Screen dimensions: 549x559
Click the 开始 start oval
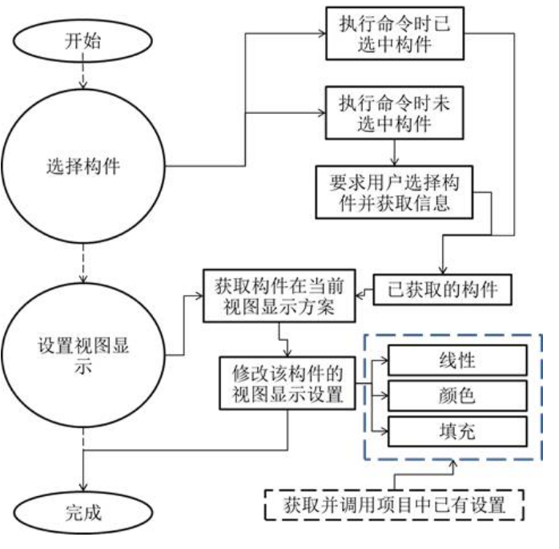pyautogui.click(x=83, y=41)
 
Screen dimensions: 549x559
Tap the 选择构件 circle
pyautogui.click(x=83, y=168)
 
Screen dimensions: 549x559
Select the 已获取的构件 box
pyautogui.click(x=441, y=290)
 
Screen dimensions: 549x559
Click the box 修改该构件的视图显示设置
pyautogui.click(x=288, y=382)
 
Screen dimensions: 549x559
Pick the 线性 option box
pyautogui.click(x=456, y=360)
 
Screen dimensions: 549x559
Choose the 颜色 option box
pyautogui.click(x=456, y=395)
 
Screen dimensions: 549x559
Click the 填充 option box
pyautogui.click(x=456, y=430)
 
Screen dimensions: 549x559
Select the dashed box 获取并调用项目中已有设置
pyautogui.click(x=393, y=507)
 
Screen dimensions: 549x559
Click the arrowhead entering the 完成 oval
pyautogui.click(x=83, y=480)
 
